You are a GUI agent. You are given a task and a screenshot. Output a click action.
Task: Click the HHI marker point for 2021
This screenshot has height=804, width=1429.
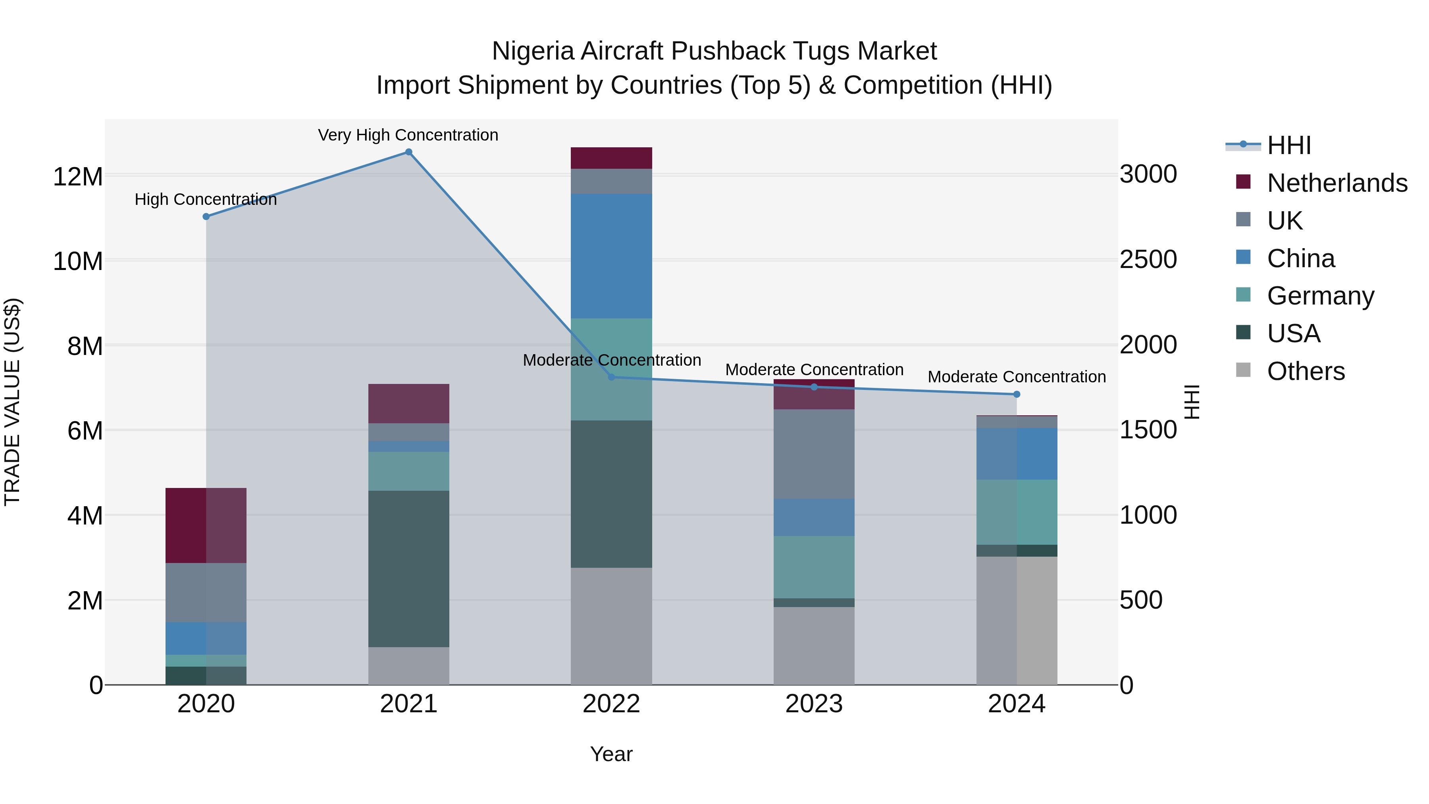click(408, 152)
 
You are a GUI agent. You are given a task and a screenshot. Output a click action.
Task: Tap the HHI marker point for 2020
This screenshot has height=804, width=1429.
click(206, 216)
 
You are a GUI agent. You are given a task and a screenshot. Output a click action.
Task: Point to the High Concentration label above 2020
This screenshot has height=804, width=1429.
click(205, 199)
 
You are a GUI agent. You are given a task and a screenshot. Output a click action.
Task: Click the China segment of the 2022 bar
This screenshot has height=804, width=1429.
click(611, 256)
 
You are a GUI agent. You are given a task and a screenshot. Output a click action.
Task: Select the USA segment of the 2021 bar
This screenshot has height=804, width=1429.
click(408, 569)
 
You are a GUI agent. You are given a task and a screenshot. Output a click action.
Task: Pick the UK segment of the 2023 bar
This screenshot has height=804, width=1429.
click(814, 454)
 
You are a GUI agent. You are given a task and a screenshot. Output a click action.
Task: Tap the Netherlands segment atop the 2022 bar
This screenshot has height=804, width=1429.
click(611, 158)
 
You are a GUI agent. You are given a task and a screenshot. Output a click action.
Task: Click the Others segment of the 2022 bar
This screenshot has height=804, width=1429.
click(611, 626)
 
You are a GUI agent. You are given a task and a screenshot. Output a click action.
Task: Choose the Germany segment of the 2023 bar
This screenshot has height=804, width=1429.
click(814, 567)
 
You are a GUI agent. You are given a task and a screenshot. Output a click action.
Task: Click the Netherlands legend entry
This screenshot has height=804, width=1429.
click(1337, 183)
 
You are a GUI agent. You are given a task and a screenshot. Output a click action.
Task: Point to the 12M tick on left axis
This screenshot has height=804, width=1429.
click(78, 177)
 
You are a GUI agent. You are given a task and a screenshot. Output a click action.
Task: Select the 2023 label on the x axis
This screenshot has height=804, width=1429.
click(814, 704)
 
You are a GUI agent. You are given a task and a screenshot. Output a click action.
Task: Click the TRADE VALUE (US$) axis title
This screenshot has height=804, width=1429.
click(12, 402)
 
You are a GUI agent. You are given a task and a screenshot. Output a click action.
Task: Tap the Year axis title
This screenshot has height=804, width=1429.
click(611, 754)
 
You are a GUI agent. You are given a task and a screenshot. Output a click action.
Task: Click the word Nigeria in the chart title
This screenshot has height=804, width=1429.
click(533, 51)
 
